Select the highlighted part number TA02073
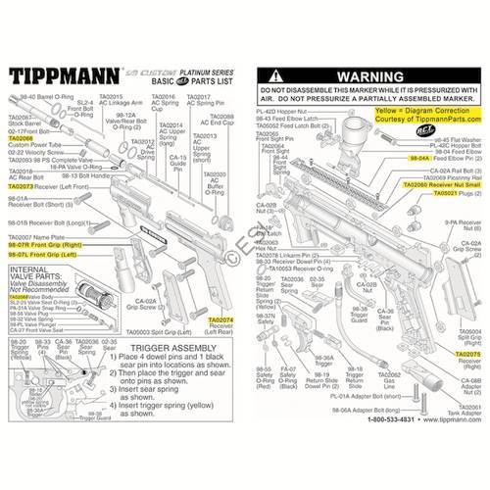[x=21, y=185]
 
